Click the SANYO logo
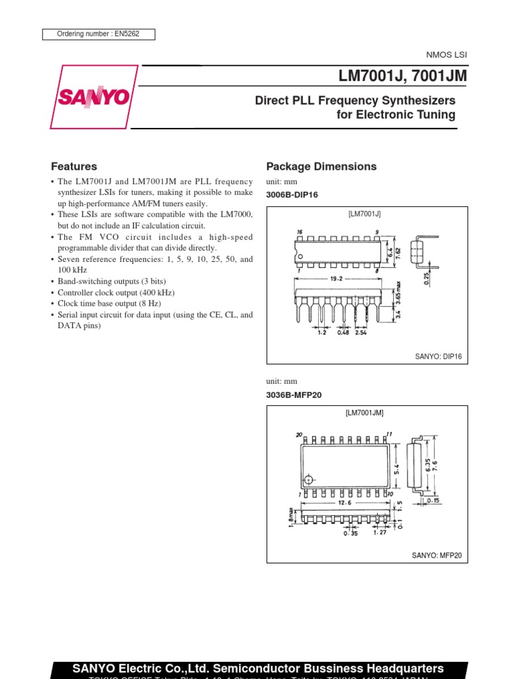pyautogui.click(x=93, y=97)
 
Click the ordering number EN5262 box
pyautogui.click(x=99, y=34)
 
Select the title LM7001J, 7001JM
pyautogui.click(x=402, y=76)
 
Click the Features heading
pyautogui.click(x=74, y=166)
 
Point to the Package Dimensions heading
pyautogui.click(x=321, y=166)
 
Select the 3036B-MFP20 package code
pyautogui.click(x=294, y=396)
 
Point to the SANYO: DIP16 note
pyautogui.click(x=438, y=357)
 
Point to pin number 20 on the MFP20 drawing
pyautogui.click(x=300, y=435)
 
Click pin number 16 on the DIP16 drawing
pyautogui.click(x=300, y=232)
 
